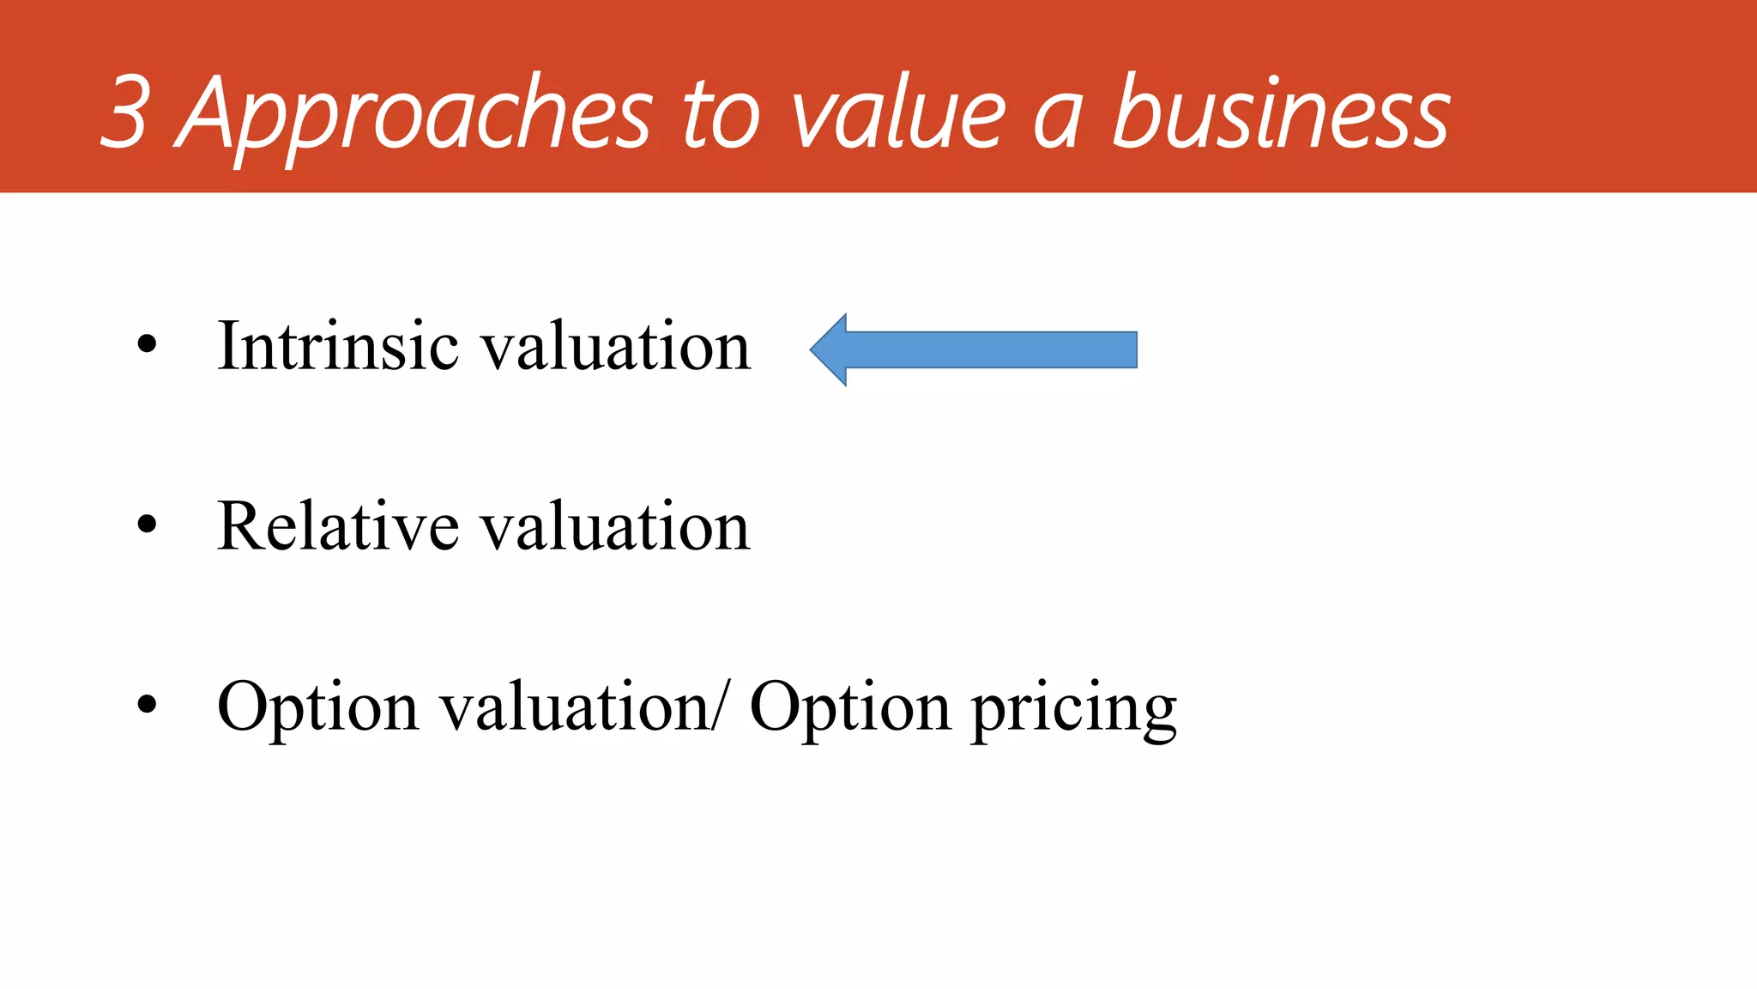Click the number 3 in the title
click(127, 112)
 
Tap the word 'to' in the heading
click(721, 116)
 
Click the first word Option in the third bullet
click(317, 708)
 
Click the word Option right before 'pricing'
click(849, 708)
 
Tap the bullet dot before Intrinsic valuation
click(147, 345)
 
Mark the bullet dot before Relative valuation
click(147, 525)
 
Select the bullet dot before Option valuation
click(147, 705)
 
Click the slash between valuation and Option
click(726, 706)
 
